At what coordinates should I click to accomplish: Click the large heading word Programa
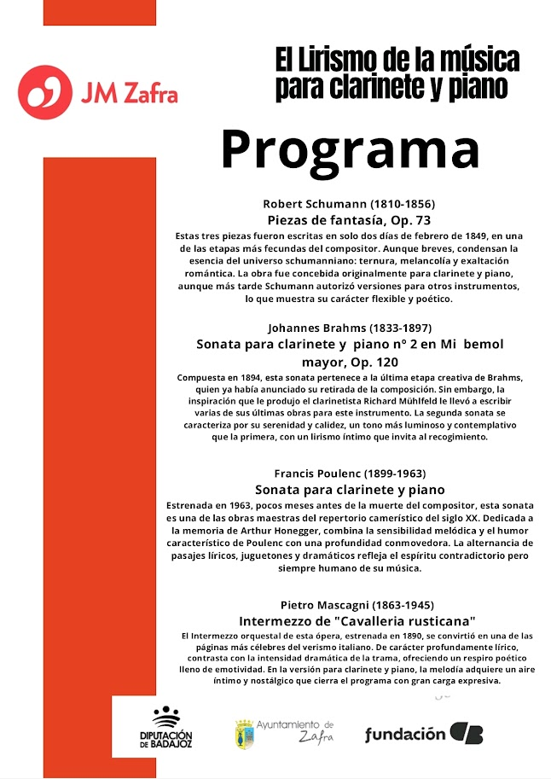coord(350,150)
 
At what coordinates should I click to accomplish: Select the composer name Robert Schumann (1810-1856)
coord(349,204)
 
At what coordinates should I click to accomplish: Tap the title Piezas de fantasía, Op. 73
coord(349,220)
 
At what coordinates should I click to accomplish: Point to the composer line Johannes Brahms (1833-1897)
coord(350,328)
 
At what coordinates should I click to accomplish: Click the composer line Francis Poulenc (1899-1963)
coord(350,473)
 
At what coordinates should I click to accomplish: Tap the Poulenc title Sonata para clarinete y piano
coord(350,490)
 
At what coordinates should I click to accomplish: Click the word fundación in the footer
coord(405,735)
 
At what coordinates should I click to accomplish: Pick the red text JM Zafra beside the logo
coord(129,92)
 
